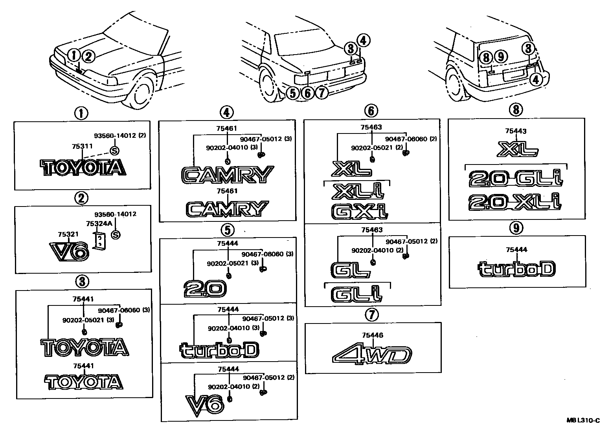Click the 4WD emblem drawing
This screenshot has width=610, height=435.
coord(371,355)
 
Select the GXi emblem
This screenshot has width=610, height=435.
coord(360,211)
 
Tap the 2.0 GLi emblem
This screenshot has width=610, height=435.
coord(515,179)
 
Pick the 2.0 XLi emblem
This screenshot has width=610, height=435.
coord(515,202)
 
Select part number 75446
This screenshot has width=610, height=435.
coord(373,335)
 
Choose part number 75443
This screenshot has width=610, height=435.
coord(516,132)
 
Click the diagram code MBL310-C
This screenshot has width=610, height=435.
coord(583,420)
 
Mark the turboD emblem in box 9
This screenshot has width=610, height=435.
coord(516,269)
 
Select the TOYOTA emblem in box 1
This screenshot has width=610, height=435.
coord(83,168)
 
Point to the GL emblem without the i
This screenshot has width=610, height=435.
coord(350,269)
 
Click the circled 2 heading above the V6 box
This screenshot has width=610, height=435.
coord(81,198)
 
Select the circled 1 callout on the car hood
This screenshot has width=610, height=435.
coord(73,55)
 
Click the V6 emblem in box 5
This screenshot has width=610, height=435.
coord(204,405)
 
